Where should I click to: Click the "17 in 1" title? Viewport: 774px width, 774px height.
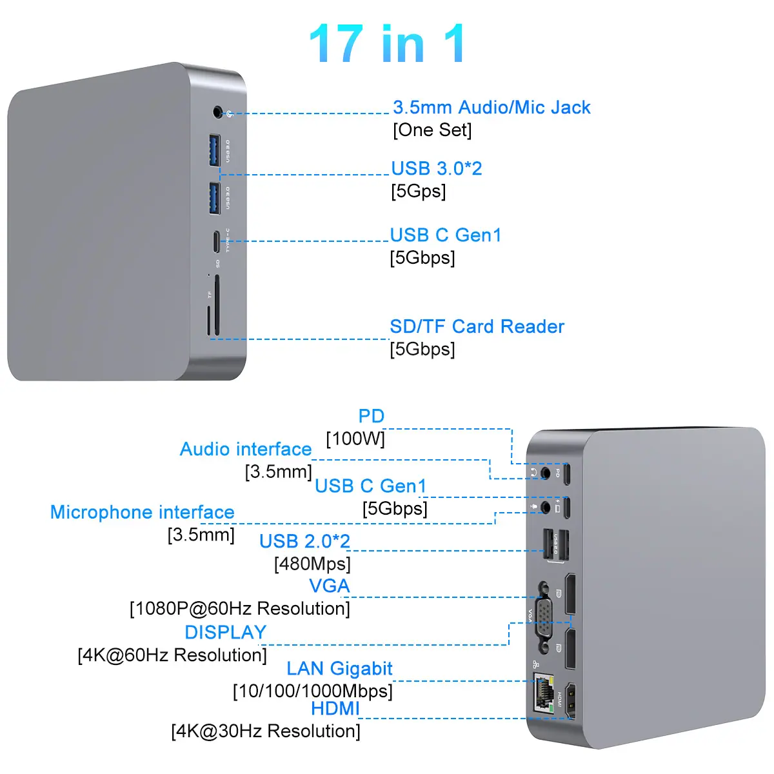[387, 43]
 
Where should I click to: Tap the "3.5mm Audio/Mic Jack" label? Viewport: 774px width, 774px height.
[491, 107]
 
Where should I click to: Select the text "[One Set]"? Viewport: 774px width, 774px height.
[432, 130]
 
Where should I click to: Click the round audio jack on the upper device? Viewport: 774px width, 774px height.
[218, 112]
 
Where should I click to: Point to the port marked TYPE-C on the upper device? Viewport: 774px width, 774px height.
[217, 241]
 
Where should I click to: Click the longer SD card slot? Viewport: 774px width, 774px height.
[217, 305]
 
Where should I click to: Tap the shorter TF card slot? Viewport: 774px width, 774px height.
[208, 320]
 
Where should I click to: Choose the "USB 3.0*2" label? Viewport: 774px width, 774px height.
[437, 168]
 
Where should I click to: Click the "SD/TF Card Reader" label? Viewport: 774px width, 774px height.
[477, 326]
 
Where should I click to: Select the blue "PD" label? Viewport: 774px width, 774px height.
[371, 416]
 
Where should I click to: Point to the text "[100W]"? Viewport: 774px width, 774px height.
[355, 439]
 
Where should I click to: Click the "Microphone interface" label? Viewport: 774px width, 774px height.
[142, 512]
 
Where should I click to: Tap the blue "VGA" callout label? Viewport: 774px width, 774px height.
[330, 586]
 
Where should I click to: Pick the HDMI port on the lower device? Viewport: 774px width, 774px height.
[570, 701]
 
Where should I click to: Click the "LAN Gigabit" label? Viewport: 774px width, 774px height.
[339, 669]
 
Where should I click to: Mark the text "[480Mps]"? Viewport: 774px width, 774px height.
[312, 564]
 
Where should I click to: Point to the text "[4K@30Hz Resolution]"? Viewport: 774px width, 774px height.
[266, 731]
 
